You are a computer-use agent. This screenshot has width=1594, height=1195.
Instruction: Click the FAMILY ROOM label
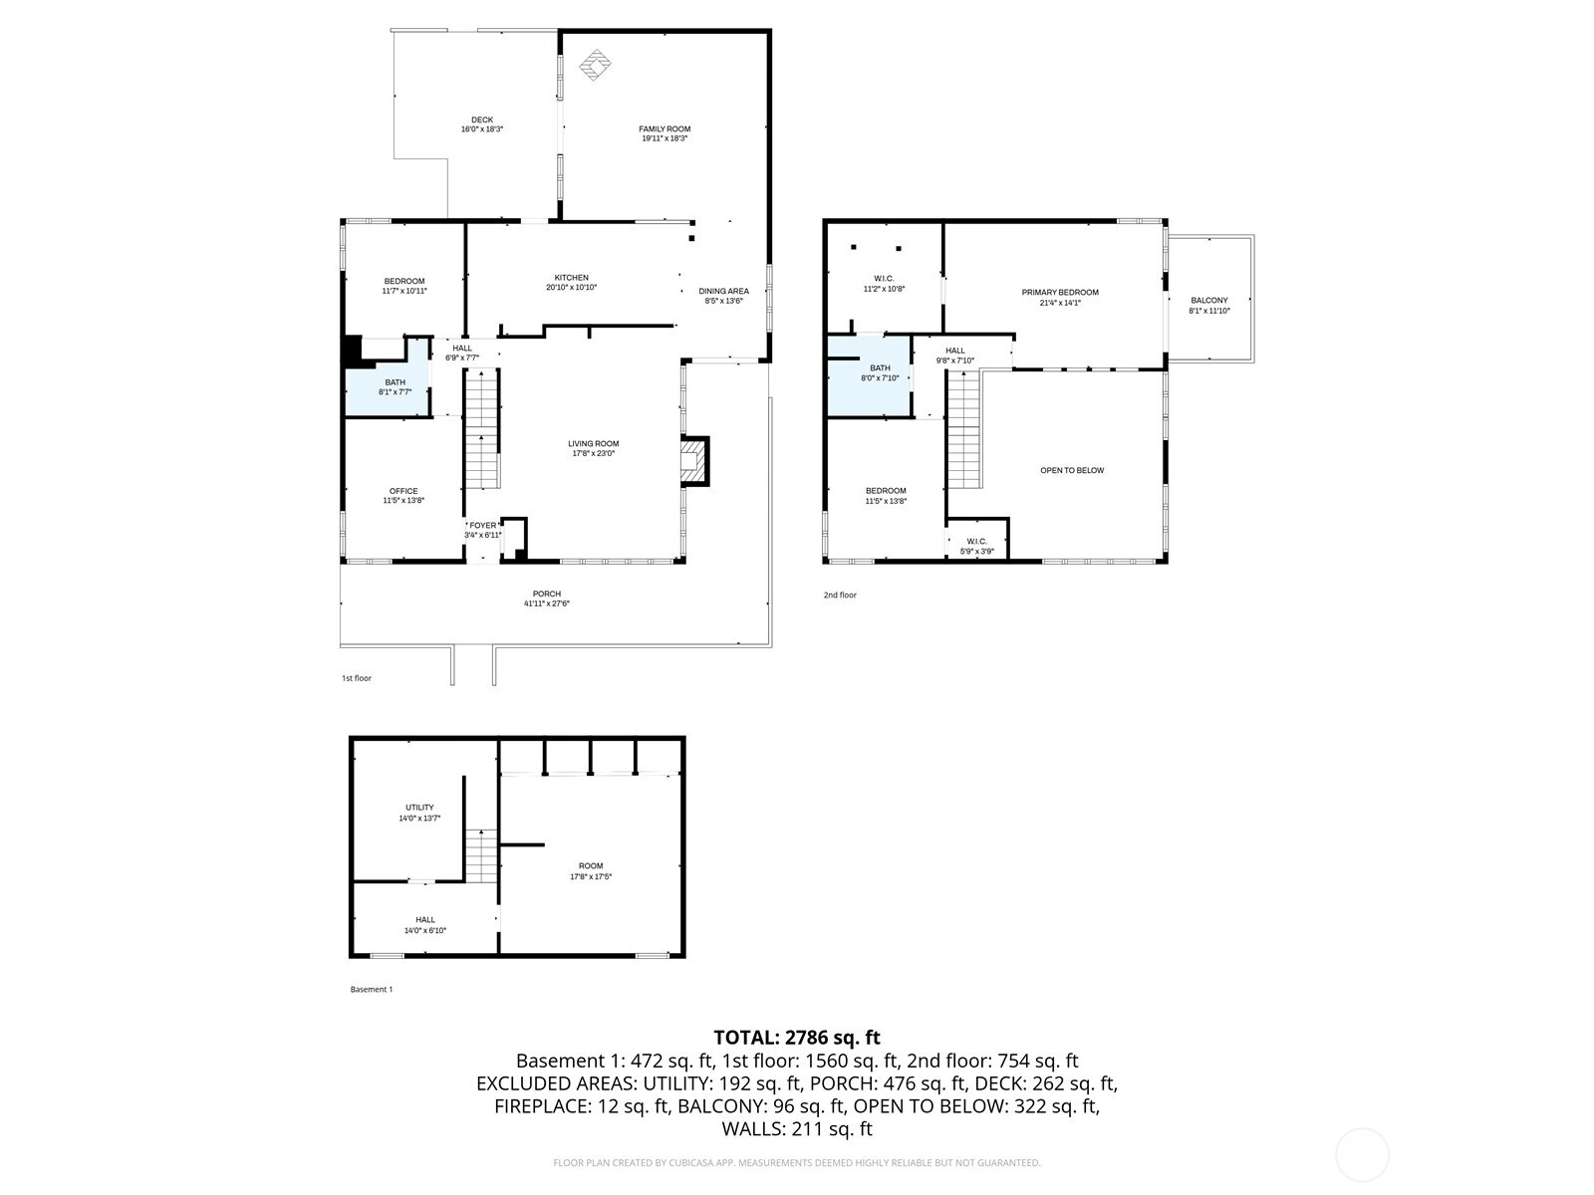point(664,128)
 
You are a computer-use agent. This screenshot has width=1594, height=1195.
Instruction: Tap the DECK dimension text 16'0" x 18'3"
point(481,129)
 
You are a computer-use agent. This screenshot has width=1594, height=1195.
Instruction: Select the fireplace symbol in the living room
point(694,461)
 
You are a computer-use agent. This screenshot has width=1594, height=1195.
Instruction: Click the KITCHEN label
point(571,278)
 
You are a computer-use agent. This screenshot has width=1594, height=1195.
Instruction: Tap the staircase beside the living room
point(481,428)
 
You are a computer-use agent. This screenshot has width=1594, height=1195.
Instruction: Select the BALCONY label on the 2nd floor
point(1209,300)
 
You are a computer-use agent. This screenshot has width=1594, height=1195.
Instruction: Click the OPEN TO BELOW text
point(1072,470)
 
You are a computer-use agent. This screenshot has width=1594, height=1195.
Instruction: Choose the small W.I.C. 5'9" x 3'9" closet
point(976,542)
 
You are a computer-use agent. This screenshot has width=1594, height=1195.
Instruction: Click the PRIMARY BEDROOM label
point(1060,292)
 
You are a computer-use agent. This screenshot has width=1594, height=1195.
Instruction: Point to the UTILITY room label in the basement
point(419,808)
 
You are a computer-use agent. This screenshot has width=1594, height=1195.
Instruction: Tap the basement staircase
point(481,855)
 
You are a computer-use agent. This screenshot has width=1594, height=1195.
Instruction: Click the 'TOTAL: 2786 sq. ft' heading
point(797,1037)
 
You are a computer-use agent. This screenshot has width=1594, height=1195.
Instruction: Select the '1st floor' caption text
point(357,678)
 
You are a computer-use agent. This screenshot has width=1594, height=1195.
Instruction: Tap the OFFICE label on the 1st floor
point(403,491)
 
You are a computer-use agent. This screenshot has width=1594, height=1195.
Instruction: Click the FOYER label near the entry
point(483,525)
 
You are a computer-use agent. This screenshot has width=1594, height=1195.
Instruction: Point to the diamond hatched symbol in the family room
point(595,65)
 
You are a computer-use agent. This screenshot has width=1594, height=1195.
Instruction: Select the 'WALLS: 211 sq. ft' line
point(797,1128)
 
